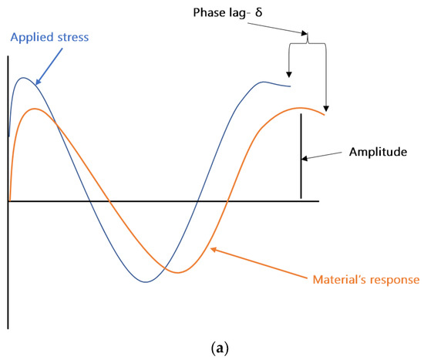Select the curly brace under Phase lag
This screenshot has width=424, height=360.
(x=308, y=41)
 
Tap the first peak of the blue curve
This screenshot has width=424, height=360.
(x=24, y=78)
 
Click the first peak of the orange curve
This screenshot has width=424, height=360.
(x=35, y=109)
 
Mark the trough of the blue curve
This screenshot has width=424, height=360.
(x=145, y=282)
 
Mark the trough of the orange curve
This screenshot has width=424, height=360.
(x=176, y=272)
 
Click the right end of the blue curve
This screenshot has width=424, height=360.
(x=290, y=85)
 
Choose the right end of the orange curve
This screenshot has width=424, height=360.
(x=326, y=116)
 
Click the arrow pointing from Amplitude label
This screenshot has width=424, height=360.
(x=323, y=156)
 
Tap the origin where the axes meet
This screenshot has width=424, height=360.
(x=8, y=202)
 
